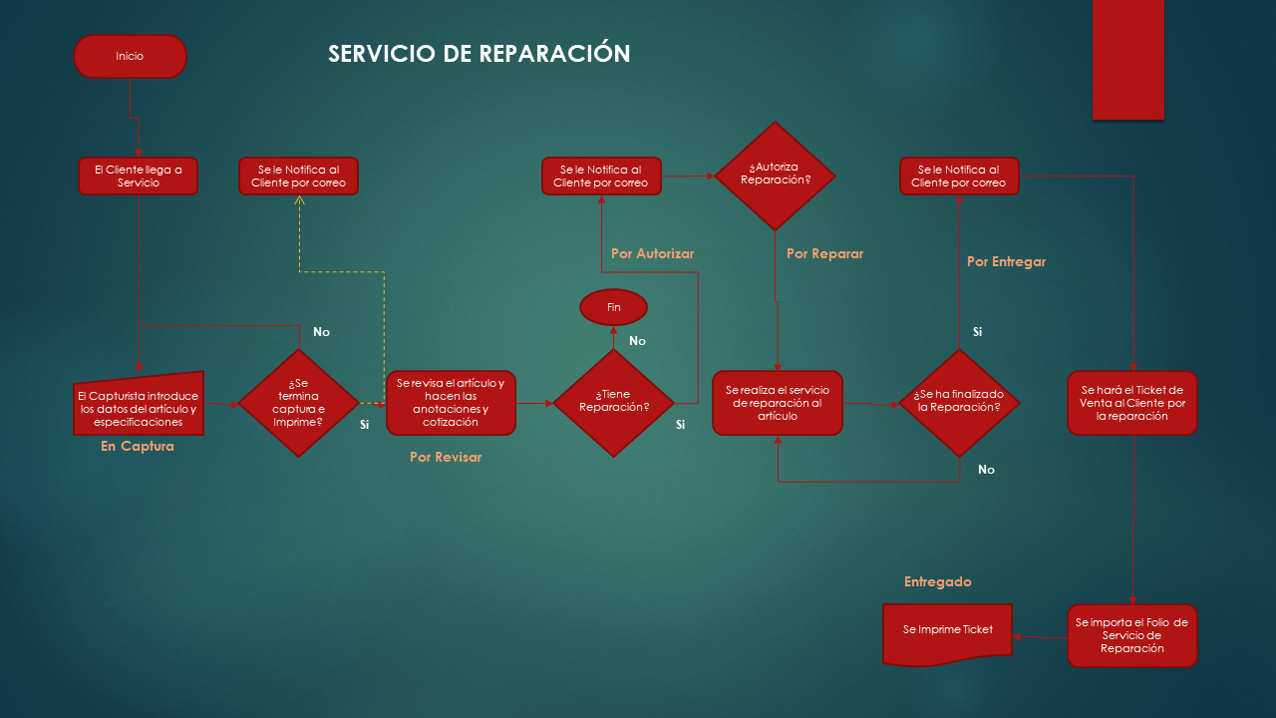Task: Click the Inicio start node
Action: coord(130,57)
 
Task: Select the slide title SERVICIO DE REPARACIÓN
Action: coord(478,54)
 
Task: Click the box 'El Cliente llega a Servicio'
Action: coord(139,177)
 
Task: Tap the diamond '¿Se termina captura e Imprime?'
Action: coord(299,403)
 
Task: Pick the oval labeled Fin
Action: coord(614,307)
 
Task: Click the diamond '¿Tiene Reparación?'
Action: coord(614,403)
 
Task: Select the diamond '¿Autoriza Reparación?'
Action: coord(775,176)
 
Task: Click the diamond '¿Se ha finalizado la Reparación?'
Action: coord(959,403)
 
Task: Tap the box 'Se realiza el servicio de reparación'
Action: coord(777,403)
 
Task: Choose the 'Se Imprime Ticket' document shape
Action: coord(947,633)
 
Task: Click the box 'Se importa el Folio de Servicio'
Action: coord(1131,635)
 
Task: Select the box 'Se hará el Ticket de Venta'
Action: coord(1131,403)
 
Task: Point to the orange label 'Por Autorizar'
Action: coord(652,254)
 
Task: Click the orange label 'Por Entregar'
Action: coord(1006,262)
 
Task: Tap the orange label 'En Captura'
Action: coord(138,447)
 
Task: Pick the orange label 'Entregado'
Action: coord(937,581)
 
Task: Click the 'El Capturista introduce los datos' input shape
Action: coord(139,407)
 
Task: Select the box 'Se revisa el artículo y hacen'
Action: coord(451,403)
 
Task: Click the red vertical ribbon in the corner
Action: coord(1127,60)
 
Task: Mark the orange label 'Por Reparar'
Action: coord(824,254)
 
